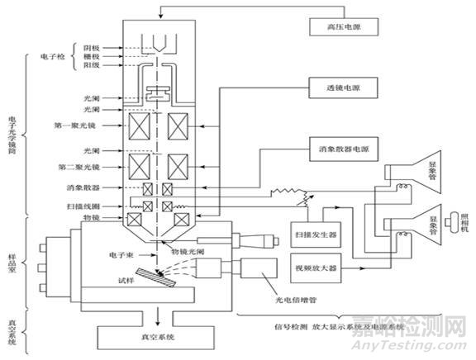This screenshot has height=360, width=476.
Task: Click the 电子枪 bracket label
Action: tap(52, 58)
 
